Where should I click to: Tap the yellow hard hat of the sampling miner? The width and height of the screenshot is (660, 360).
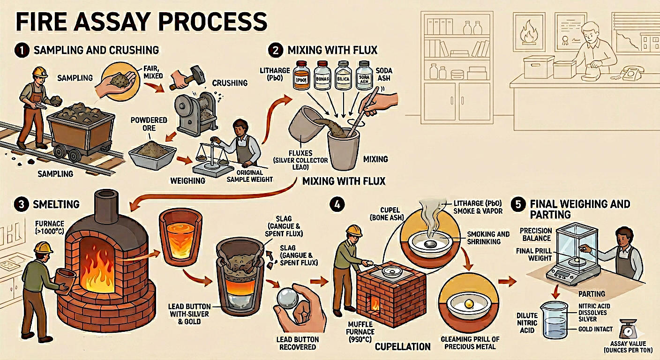pyautogui.click(x=39, y=72)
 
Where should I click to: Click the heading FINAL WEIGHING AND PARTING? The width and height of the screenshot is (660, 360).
pyautogui.click(x=579, y=209)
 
